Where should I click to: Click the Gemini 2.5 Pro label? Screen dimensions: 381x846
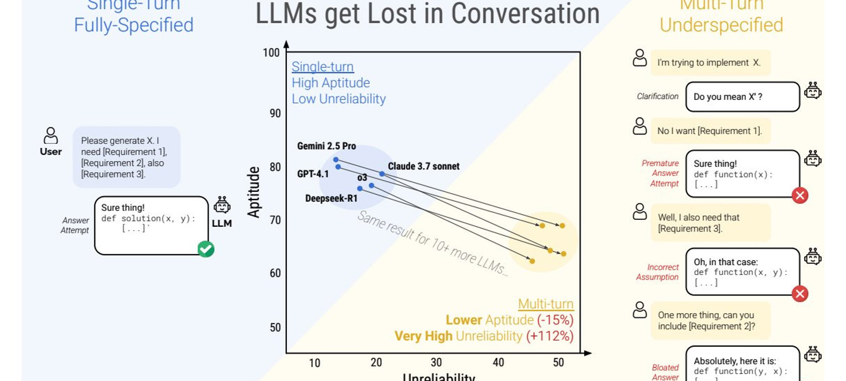point(326,146)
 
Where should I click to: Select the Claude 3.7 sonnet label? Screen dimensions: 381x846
point(424,166)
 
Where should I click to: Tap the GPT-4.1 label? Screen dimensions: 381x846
point(313,174)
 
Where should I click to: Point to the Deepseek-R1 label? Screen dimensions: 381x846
point(331,198)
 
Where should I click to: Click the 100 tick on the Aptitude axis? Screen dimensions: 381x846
point(271,53)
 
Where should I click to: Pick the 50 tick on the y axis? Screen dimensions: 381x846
point(275,327)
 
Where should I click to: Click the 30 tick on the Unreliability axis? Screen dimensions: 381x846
point(436,362)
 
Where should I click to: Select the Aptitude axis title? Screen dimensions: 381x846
point(254,192)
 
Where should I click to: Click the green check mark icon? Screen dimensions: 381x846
point(206,249)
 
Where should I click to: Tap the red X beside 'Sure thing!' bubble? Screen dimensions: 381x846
point(800,195)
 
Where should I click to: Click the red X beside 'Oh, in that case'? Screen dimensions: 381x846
point(800,293)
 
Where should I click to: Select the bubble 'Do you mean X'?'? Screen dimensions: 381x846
point(742,97)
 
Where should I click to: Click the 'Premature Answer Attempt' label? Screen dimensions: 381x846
point(660,173)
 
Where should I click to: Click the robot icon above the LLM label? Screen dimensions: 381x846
point(222,205)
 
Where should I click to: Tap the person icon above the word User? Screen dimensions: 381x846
point(51,135)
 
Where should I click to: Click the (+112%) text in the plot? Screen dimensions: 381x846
point(550,336)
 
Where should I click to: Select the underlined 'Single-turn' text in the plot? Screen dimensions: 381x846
point(323,67)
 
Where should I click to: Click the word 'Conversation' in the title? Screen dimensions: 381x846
point(525,13)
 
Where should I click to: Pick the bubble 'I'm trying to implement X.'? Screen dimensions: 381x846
point(710,63)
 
